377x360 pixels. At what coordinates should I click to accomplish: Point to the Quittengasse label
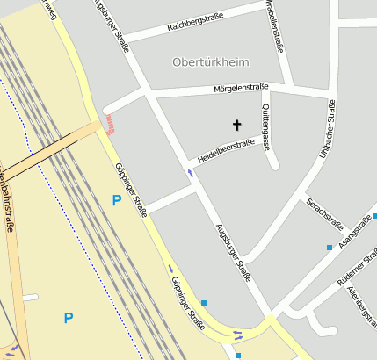pos(266,125)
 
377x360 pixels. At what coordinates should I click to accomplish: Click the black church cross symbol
pos(236,125)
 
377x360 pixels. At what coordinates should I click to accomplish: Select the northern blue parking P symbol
pos(116,200)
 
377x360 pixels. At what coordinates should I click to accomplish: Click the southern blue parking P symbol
pos(69,317)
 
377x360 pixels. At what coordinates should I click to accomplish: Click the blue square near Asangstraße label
pos(330,248)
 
